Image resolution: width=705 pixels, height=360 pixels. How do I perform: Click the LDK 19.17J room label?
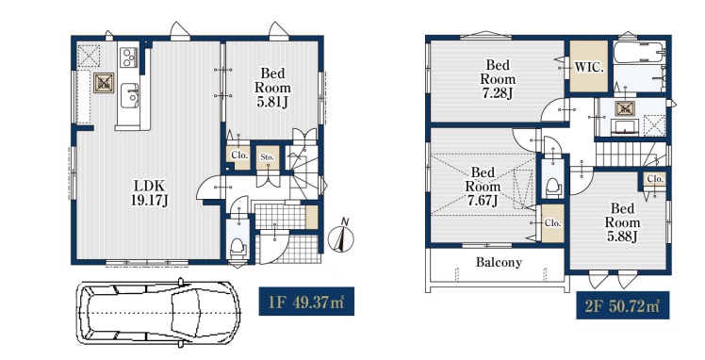coord(149,192)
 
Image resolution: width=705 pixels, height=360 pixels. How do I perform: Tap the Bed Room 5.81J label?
coord(272,88)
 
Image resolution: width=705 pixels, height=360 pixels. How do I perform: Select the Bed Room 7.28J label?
coord(498,79)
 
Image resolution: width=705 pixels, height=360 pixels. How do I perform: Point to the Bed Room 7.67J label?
coord(483,186)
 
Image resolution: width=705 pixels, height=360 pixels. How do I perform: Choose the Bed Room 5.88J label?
coord(622,222)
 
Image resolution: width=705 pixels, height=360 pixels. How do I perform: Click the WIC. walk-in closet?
coord(589,67)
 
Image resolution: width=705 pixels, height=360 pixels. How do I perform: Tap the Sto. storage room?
coord(268,157)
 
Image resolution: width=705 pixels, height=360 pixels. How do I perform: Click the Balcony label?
coord(499,262)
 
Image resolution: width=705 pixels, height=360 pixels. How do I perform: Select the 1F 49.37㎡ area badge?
coord(306,302)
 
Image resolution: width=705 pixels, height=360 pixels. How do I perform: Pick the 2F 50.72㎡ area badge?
coord(623,305)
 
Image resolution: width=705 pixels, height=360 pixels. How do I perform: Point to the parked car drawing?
coord(158,312)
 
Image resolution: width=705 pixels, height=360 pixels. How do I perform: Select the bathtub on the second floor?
coord(638,53)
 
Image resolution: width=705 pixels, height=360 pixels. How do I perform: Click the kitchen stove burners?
coord(128,57)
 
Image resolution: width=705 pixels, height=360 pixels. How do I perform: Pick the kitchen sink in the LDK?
coord(129,95)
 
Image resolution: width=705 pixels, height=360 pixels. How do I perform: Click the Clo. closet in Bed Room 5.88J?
coord(655,179)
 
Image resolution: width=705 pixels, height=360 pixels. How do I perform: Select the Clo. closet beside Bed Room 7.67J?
coord(552,223)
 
